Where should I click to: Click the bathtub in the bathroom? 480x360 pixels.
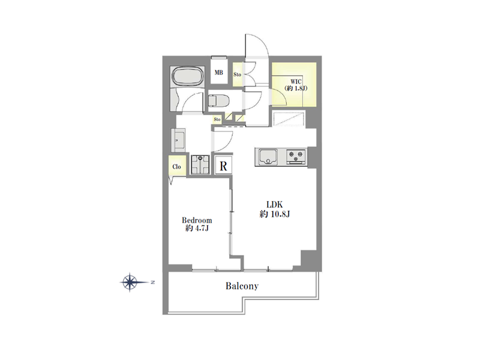click(x=187, y=77)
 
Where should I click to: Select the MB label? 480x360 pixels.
click(x=218, y=73)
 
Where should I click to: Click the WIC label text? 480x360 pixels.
click(x=296, y=82)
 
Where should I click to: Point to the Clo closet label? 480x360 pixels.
click(x=176, y=167)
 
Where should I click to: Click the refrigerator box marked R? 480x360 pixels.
click(x=223, y=166)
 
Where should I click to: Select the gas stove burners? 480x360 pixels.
click(x=296, y=157)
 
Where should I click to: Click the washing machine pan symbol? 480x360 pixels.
click(x=200, y=164)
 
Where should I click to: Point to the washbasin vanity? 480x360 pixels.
click(x=178, y=140)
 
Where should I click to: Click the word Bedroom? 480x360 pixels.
click(x=197, y=220)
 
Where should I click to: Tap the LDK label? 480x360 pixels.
click(x=274, y=205)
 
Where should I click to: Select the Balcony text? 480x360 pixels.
click(x=242, y=286)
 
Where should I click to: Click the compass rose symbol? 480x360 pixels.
click(x=130, y=282)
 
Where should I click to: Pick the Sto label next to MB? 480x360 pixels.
click(x=237, y=74)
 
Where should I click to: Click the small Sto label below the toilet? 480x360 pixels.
click(x=217, y=119)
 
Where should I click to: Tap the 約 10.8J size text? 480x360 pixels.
click(x=275, y=214)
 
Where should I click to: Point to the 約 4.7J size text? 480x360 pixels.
click(x=197, y=229)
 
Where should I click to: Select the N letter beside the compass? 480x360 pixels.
click(x=152, y=282)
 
